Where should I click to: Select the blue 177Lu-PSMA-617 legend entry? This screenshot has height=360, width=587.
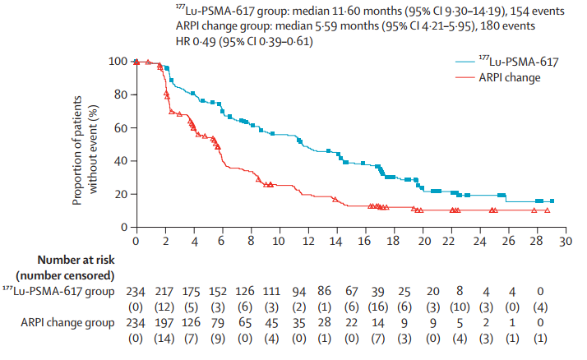(x=511, y=60)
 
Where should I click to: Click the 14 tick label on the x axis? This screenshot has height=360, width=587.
(x=336, y=242)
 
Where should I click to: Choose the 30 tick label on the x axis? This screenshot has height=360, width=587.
(x=566, y=242)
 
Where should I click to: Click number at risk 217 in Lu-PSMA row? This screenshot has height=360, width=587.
(x=164, y=292)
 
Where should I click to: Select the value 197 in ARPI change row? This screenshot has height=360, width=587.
(x=164, y=322)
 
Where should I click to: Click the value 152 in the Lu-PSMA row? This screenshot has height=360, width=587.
(x=222, y=292)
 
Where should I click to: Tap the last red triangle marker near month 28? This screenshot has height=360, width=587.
(x=547, y=210)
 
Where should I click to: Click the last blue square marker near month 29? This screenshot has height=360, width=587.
(x=552, y=201)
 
